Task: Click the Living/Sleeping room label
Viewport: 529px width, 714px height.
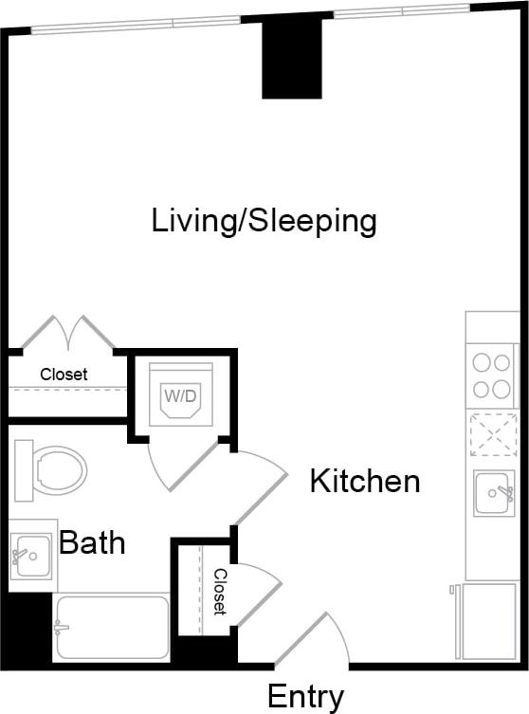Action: pos(264,221)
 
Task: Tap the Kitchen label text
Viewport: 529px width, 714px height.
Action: pos(365,481)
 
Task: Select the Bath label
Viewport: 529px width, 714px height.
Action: pos(92,542)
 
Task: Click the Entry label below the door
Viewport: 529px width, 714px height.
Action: pos(305,697)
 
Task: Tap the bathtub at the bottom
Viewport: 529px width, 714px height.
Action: pos(111,627)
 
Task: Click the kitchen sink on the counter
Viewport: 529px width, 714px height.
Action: pos(494,492)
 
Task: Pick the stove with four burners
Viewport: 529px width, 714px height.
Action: pos(493,375)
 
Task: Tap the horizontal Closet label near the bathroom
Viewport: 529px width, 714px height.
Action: pos(64,375)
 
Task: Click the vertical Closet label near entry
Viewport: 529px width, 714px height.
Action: pos(219,592)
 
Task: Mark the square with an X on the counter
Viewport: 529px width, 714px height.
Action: pos(493,435)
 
